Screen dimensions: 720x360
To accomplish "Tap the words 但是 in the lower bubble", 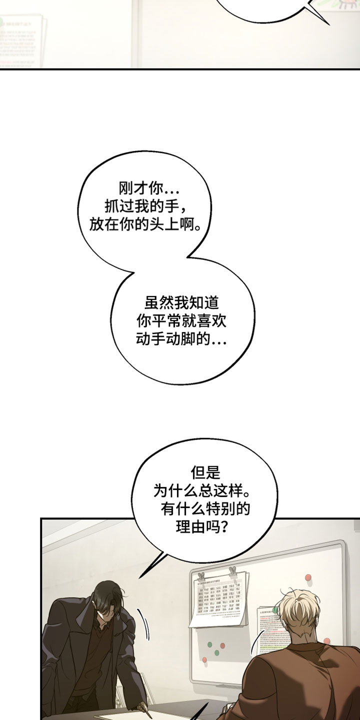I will pyautogui.click(x=205, y=472).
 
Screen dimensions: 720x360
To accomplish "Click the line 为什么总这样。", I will pyautogui.click(x=205, y=490).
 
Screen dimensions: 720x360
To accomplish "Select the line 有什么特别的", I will pyautogui.click(x=205, y=509).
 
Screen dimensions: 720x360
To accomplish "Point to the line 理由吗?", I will pyautogui.click(x=205, y=527).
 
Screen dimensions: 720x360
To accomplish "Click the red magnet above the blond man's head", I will pyautogui.click(x=307, y=579).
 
